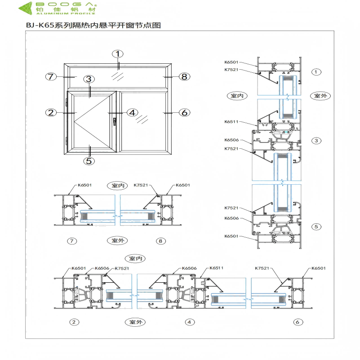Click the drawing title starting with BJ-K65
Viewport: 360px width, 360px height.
tap(93, 26)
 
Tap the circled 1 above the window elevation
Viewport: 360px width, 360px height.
tap(118, 54)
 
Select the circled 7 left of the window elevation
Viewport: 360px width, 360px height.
tap(51, 76)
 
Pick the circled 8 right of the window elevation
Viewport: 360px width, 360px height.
tap(184, 76)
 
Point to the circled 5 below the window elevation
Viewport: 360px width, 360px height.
tap(89, 160)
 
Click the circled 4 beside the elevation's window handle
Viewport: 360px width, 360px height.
tap(132, 112)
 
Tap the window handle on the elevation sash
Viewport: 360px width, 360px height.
tap(116, 121)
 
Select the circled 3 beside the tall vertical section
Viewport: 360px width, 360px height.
tap(316, 141)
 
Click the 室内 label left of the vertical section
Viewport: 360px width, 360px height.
tap(237, 96)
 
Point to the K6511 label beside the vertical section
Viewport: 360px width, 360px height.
tap(231, 122)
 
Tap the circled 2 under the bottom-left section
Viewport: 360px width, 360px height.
tap(75, 322)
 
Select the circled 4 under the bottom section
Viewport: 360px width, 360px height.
tap(190, 322)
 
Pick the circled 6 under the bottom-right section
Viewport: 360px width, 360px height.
tap(297, 322)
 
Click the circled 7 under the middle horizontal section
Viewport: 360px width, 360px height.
tap(71, 241)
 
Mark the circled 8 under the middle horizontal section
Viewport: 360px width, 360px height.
tap(161, 241)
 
